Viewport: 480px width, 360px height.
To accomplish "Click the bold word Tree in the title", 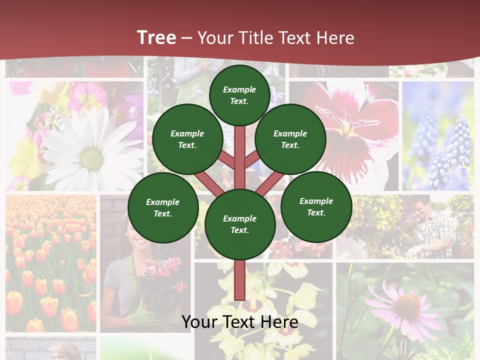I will click(x=156, y=38).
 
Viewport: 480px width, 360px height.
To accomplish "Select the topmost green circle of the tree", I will click(x=239, y=95).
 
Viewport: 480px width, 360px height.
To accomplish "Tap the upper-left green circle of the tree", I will click(x=187, y=139).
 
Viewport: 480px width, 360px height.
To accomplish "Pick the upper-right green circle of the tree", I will click(x=290, y=139).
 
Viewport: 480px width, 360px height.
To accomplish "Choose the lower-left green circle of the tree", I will click(x=163, y=207).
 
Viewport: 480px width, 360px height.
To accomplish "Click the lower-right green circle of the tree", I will click(x=316, y=206).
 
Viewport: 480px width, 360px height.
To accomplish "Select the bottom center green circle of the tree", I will click(x=239, y=224).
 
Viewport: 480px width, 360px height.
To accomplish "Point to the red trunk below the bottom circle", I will click(x=239, y=280).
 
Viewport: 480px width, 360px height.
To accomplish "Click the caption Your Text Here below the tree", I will click(x=239, y=321).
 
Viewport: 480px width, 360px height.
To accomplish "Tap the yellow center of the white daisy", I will click(x=91, y=158).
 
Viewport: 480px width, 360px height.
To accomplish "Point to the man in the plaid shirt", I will click(x=432, y=227).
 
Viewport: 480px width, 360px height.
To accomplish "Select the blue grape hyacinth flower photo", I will click(x=438, y=136).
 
